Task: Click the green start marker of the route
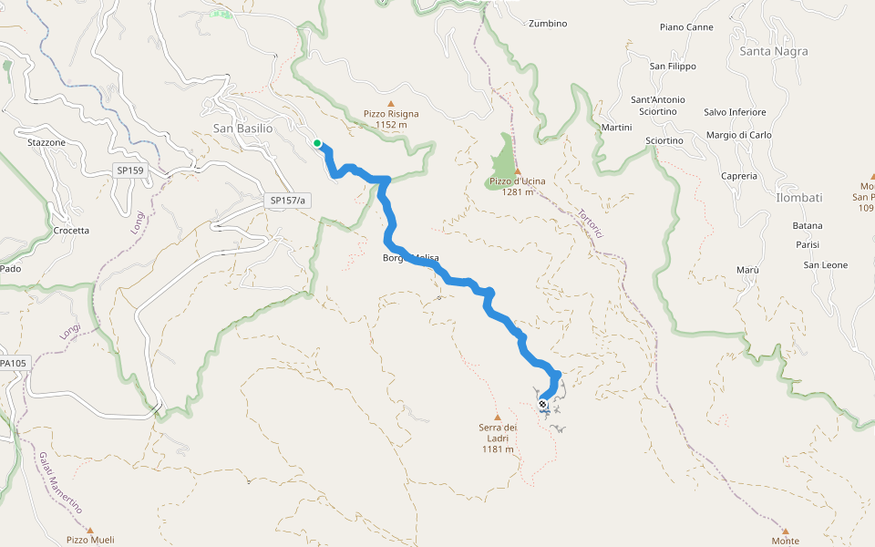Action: coord(317,143)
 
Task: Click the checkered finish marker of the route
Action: coord(543,404)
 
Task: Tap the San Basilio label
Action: coord(242,129)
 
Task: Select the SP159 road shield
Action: coord(129,170)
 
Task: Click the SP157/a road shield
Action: coord(289,200)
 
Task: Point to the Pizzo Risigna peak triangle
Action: coord(391,104)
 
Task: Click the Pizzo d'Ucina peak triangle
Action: coord(517,171)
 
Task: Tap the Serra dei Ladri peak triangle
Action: coord(498,417)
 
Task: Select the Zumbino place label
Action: coord(548,24)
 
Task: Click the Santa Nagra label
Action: coord(774,51)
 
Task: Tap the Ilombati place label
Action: coord(799,198)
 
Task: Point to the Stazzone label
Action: coord(46,143)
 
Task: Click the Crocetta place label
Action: coord(71,231)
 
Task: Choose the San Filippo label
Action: coord(673,67)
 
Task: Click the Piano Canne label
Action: coord(686,27)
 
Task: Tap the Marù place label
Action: coord(746,271)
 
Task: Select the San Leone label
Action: coord(825,265)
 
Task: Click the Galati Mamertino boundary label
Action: coord(61,481)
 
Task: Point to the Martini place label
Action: coord(617,128)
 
